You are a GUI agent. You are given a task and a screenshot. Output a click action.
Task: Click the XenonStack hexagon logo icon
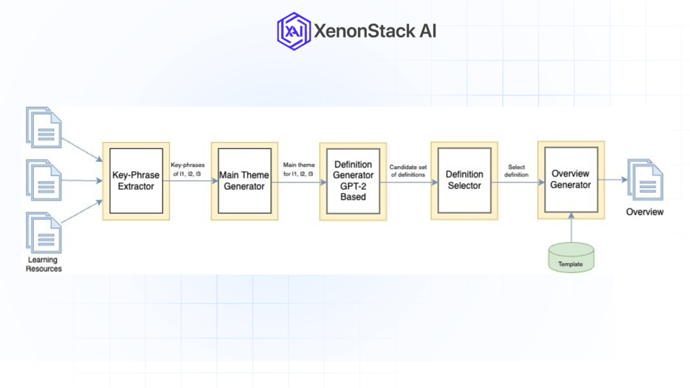pos(293,31)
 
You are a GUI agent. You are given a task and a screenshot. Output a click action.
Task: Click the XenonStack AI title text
pos(374,31)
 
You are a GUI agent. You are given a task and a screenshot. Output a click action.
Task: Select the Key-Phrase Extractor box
pos(136,181)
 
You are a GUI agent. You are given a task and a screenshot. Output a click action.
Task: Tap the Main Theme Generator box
pos(244,181)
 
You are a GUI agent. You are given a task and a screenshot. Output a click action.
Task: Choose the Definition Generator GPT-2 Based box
pos(353,181)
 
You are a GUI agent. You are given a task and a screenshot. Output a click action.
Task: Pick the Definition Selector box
pos(464,180)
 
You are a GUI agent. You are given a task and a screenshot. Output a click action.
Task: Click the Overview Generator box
pos(571,180)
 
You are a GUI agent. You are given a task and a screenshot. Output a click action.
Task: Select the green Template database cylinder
pos(571,258)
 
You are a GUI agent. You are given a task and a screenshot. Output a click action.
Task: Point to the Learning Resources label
pos(44,264)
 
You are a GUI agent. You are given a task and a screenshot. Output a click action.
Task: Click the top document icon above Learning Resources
pos(44,127)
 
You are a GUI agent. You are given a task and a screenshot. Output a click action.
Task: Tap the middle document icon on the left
pos(44,180)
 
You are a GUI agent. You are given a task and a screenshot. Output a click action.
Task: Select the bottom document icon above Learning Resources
pos(44,232)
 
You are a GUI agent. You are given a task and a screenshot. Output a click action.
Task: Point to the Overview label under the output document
pos(645,212)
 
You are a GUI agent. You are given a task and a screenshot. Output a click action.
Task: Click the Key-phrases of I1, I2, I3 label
pos(188,170)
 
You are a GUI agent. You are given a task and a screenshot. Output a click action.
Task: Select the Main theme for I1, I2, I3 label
pos(298,170)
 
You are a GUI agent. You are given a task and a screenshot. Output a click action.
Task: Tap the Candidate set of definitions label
pos(408,170)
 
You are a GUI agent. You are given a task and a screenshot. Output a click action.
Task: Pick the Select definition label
pos(516,170)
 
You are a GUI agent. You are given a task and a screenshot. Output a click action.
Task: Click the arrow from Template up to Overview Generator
pos(571,228)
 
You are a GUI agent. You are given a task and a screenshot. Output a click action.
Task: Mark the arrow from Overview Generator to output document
pos(615,180)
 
